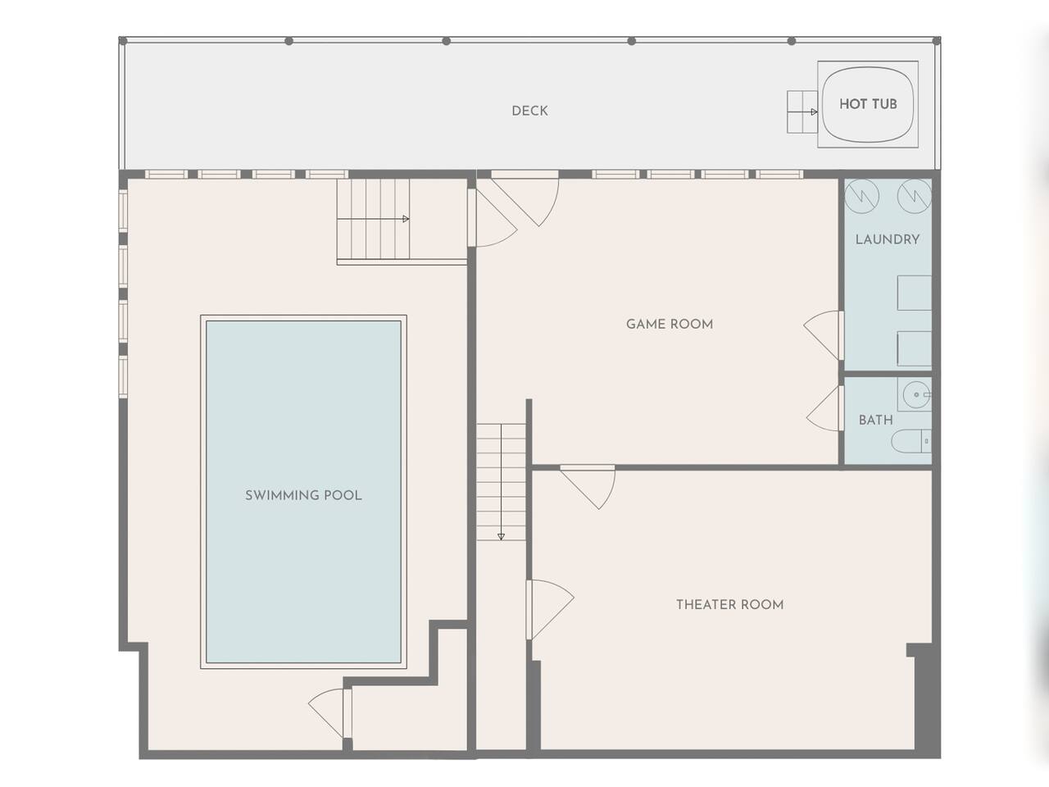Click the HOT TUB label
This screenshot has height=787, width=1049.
tap(868, 103)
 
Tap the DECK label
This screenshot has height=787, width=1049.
tap(529, 111)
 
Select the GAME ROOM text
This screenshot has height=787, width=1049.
tap(670, 324)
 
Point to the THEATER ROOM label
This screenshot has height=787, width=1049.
tap(729, 604)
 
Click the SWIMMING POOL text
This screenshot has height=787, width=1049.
tap(303, 495)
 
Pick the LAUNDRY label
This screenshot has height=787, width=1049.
tap(888, 239)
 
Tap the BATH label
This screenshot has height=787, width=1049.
tap(875, 420)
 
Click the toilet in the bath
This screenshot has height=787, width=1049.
tap(910, 441)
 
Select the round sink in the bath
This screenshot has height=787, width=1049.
tap(915, 394)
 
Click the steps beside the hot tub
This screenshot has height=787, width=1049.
tap(802, 111)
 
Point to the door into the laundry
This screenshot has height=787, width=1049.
tap(824, 335)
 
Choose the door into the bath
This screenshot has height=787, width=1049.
tap(825, 408)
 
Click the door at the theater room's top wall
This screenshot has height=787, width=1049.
tap(588, 487)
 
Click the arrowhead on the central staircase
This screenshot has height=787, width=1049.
tap(501, 537)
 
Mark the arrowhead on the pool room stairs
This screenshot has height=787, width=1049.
tap(406, 219)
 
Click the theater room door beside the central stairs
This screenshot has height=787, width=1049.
tap(550, 609)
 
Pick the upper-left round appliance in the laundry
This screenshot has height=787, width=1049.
tap(861, 196)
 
